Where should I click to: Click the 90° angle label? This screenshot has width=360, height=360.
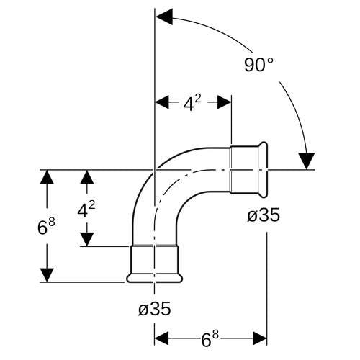click(x=258, y=65)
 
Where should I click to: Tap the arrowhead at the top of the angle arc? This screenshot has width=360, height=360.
click(x=164, y=17)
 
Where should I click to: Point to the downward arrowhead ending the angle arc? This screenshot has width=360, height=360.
click(x=306, y=161)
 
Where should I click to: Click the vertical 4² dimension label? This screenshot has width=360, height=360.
click(x=86, y=210)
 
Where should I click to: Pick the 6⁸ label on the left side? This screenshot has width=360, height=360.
click(x=46, y=226)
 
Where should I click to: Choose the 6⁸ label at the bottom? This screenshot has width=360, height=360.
click(x=210, y=339)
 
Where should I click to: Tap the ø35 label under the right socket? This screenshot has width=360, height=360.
click(x=264, y=215)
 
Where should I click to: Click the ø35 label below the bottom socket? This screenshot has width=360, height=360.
click(x=155, y=308)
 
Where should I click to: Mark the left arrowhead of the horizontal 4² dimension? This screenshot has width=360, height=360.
click(x=162, y=102)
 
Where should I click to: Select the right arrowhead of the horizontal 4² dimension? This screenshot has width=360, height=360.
click(x=224, y=102)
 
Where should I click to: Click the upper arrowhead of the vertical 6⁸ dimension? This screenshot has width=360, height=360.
click(x=47, y=177)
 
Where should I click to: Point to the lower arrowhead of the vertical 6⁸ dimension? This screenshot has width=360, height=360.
click(x=47, y=275)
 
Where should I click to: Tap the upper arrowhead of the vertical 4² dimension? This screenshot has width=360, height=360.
click(x=87, y=177)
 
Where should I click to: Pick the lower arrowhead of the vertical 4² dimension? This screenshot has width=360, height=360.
click(x=87, y=239)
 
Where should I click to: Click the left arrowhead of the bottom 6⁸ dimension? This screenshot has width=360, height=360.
click(x=161, y=338)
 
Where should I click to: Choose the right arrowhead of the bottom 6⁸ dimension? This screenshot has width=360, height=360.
click(x=260, y=338)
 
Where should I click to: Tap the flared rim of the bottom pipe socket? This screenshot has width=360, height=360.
click(x=155, y=279)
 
